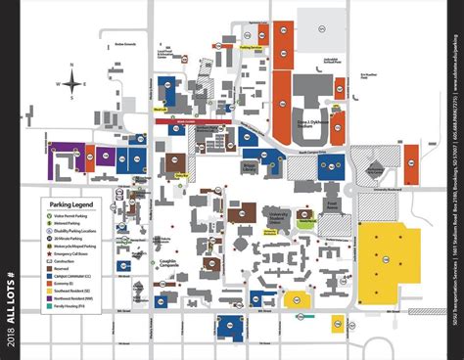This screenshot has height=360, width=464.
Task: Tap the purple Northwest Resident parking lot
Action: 67,157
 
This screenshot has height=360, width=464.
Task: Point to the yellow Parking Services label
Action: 252,46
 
